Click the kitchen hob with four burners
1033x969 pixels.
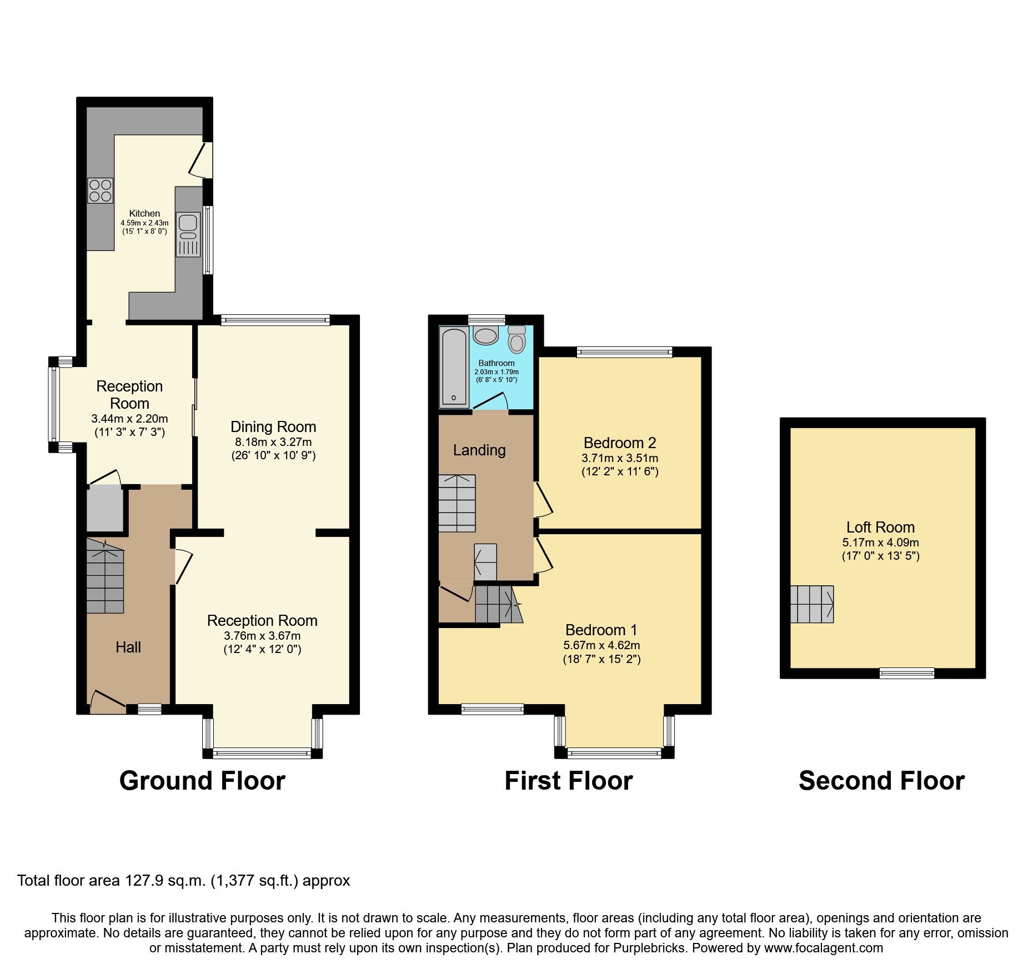pos(101,190)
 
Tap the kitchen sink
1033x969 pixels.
pos(188,234)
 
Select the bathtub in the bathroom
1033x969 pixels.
pos(454,366)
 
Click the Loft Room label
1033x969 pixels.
pos(880,527)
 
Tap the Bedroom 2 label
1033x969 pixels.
pos(620,443)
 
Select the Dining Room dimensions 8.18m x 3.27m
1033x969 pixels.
pos(273,443)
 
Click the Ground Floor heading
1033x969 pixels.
pos(202,781)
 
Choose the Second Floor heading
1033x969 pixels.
pos(881,781)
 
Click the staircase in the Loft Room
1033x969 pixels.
pos(812,604)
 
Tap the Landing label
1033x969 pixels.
pos(479,450)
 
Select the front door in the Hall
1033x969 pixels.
pos(108,702)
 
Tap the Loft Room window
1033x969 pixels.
pos(906,673)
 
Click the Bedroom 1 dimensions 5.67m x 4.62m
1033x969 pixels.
pos(601,645)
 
